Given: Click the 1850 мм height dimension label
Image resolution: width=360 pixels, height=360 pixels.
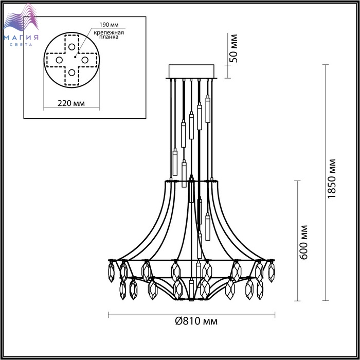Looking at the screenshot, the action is pos(332,178).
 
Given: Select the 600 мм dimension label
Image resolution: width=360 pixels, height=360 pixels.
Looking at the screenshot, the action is pos(303,242).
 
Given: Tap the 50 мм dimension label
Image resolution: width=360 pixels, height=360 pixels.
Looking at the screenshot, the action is pos(233,48).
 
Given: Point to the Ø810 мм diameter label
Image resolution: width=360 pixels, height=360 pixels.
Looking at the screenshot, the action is pos(196,321).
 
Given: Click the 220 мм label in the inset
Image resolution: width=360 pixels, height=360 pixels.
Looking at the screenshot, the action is pos(71,103).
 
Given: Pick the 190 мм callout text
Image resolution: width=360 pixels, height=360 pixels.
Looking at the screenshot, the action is pos(109,25).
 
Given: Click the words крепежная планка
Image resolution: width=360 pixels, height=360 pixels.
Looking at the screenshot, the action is pos(109,34).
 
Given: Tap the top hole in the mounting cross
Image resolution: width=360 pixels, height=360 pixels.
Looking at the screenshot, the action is pos(71,47).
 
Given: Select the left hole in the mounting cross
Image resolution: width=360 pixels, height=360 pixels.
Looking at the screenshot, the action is pos(59,60).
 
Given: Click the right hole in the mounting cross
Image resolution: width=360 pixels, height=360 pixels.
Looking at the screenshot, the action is pos(85,60).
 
